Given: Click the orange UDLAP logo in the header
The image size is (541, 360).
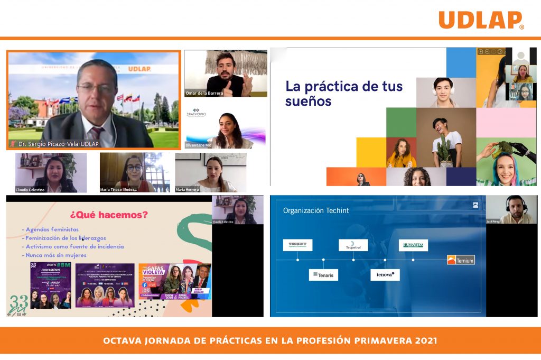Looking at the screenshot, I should [481, 20].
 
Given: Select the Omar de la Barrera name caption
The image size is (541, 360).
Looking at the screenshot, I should [204, 94].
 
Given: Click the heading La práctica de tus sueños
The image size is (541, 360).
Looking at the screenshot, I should [343, 93].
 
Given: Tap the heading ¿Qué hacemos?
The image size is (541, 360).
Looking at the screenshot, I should [109, 215].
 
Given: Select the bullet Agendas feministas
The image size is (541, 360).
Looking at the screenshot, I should [52, 229].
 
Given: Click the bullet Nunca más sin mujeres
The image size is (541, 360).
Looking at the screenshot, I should [55, 255].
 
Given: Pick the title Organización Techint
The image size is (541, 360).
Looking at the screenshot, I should [316, 210].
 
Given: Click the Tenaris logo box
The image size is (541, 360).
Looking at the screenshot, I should [323, 275].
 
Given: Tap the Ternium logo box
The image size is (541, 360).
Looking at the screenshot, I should [461, 260].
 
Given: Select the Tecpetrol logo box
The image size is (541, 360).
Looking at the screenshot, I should [353, 245].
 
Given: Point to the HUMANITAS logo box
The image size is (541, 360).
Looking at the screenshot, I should [413, 245].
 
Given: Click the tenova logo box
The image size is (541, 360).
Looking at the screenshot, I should [385, 275].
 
